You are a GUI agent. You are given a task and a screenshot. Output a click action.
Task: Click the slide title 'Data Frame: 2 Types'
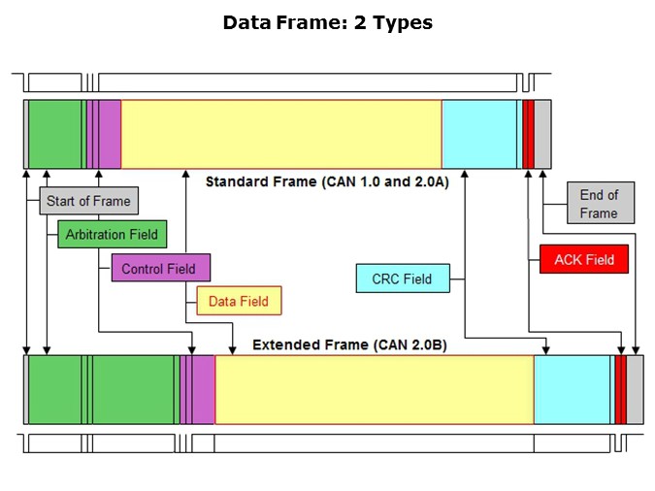[327, 22]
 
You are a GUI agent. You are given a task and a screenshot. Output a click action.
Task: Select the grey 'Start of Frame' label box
[88, 202]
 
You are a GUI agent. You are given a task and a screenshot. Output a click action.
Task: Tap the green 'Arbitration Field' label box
[112, 234]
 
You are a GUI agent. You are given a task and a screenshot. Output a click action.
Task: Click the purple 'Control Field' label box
[159, 269]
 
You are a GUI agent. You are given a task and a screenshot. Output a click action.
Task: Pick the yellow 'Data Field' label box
[239, 301]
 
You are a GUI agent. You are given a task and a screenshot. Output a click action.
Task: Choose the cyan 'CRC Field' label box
[402, 279]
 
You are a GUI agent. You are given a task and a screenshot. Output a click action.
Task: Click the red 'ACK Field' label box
[584, 259]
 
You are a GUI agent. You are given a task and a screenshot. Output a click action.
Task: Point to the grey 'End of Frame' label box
[599, 204]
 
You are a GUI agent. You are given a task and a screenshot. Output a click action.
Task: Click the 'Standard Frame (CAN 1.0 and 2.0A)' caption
[327, 181]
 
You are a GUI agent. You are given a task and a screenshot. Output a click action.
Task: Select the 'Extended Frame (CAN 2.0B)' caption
[349, 344]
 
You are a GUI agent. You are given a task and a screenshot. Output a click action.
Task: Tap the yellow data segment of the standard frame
[281, 134]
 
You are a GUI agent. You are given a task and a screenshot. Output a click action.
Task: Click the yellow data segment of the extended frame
[374, 389]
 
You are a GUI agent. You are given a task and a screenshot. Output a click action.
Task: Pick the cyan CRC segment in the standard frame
[479, 134]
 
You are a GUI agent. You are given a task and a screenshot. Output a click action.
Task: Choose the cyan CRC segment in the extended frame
[573, 389]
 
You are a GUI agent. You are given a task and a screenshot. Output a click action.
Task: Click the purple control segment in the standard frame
[109, 134]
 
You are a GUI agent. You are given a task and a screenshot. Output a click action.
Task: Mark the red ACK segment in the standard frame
[529, 134]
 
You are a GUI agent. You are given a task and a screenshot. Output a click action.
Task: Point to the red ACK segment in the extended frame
[620, 389]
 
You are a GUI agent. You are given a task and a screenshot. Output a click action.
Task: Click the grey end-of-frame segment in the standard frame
[543, 134]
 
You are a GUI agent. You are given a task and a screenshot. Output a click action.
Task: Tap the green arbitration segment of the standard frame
[55, 134]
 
